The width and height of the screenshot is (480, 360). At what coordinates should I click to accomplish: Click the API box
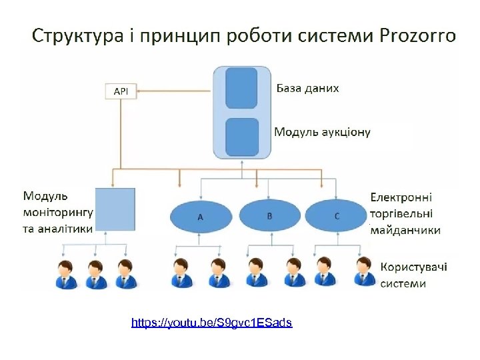point(121,91)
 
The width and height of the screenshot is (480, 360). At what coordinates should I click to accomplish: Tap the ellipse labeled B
point(269,215)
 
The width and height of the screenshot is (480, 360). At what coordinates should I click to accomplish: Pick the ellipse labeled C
point(337,215)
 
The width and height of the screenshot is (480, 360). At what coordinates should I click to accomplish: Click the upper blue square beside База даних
point(241,87)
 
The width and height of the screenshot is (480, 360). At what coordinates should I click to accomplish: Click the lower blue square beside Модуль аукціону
point(241,136)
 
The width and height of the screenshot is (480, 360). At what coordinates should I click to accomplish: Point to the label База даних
point(307,88)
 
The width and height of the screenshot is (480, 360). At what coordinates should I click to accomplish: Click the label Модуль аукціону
point(322,132)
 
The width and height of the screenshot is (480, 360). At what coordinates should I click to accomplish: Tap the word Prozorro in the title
point(418,35)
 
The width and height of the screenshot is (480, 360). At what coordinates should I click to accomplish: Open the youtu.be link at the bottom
point(211,323)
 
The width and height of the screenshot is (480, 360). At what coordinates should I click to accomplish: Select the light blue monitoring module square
point(115,210)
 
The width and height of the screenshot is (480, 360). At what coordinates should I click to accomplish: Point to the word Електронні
point(401,197)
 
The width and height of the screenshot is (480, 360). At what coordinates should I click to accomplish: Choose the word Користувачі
point(413,267)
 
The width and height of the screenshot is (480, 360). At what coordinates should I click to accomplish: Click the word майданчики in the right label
point(405,230)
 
